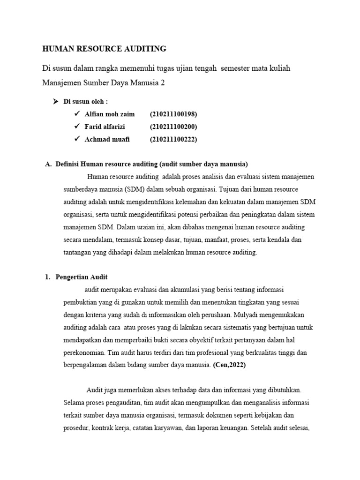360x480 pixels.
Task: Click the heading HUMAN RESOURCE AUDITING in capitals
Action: (104, 48)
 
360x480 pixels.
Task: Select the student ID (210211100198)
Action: (173, 114)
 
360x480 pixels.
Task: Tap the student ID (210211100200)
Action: (173, 127)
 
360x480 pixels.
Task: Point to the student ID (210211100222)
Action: (173, 139)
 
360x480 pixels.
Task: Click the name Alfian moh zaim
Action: (110, 114)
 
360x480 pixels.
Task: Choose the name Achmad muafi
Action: (107, 139)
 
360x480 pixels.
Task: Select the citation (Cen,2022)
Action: (229, 365)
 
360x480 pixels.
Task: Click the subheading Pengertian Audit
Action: (82, 277)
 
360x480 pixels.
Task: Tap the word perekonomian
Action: (82, 352)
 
